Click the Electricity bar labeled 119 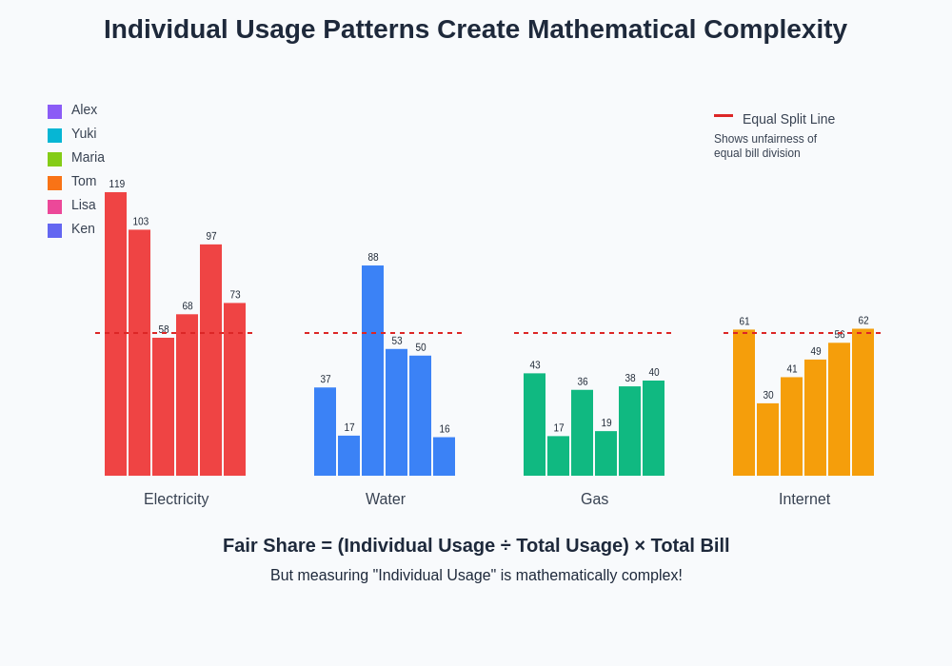[115, 333]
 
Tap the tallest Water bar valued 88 [372, 371]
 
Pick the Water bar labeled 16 [444, 457]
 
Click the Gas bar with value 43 [534, 424]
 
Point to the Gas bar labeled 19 [605, 454]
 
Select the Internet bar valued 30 [767, 440]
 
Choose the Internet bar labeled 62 [863, 402]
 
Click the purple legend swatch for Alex [54, 111]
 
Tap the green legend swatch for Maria [54, 159]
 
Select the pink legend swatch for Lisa [54, 206]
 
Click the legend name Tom [84, 181]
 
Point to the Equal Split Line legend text [788, 119]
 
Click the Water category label [386, 499]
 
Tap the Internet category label [804, 499]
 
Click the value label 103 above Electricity [140, 222]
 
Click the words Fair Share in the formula [268, 545]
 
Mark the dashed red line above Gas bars [592, 333]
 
